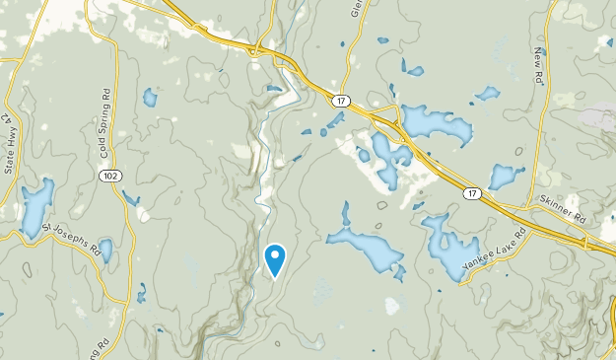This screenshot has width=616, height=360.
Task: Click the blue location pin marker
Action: (276, 259)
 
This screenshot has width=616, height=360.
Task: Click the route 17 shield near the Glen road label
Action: (341, 101)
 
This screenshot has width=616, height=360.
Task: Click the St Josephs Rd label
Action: (74, 238)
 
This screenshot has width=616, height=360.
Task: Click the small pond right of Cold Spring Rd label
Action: (150, 97)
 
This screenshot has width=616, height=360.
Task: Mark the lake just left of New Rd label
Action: (487, 94)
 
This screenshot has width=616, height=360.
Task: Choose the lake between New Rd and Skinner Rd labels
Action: (505, 177)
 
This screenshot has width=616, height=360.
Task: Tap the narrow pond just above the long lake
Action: (346, 215)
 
